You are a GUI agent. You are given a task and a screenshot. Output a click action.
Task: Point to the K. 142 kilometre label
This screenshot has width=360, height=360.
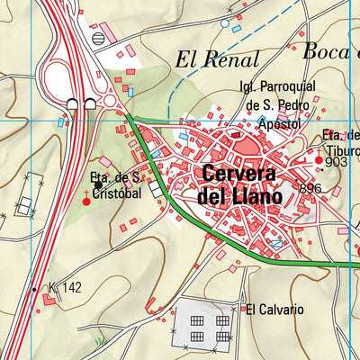pos(65,288)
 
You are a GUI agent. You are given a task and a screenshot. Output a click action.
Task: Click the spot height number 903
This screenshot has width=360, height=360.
pos(336,163)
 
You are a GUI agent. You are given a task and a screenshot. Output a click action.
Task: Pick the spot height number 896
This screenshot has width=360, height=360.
pos(310,188)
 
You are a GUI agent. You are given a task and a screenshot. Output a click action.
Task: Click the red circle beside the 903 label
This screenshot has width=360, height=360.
pos(319,160)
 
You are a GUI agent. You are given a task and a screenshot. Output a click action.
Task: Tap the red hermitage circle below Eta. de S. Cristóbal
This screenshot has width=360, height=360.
pos(87,201)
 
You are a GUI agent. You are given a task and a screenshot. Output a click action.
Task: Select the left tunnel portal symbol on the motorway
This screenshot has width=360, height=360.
pos(72,104)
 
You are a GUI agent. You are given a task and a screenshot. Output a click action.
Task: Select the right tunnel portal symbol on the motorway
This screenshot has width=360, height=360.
pos(90,104)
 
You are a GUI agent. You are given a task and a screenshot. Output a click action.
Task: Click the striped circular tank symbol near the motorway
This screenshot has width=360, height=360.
pos(98,38)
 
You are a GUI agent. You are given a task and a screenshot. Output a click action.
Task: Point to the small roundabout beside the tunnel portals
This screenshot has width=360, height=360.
pos(110,102)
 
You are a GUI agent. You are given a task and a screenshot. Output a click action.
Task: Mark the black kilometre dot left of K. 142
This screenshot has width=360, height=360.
pos(34,290)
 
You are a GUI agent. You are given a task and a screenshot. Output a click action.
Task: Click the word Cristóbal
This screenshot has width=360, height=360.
pos(117,193)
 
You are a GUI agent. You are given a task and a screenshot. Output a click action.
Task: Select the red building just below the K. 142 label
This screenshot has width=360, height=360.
pos(49,299)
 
